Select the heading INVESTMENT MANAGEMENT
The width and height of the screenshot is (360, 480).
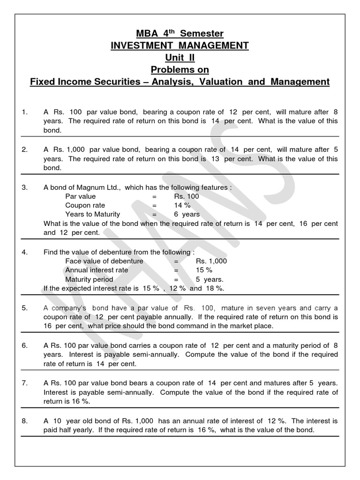[x=180, y=45]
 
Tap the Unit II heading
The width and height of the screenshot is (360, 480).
[x=180, y=58]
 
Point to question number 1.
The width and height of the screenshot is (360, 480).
[x=25, y=112]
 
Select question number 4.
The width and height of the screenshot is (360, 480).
[x=25, y=252]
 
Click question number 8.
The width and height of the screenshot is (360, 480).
[x=25, y=421]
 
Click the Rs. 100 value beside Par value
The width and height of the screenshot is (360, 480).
[x=186, y=196]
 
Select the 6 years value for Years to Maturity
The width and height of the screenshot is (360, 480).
[x=187, y=214]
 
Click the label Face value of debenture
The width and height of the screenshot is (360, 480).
[x=104, y=261]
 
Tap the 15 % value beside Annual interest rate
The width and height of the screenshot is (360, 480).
[x=204, y=270]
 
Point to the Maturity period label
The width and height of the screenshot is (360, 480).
[x=89, y=279]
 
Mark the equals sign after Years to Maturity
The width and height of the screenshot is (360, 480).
[x=154, y=214]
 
